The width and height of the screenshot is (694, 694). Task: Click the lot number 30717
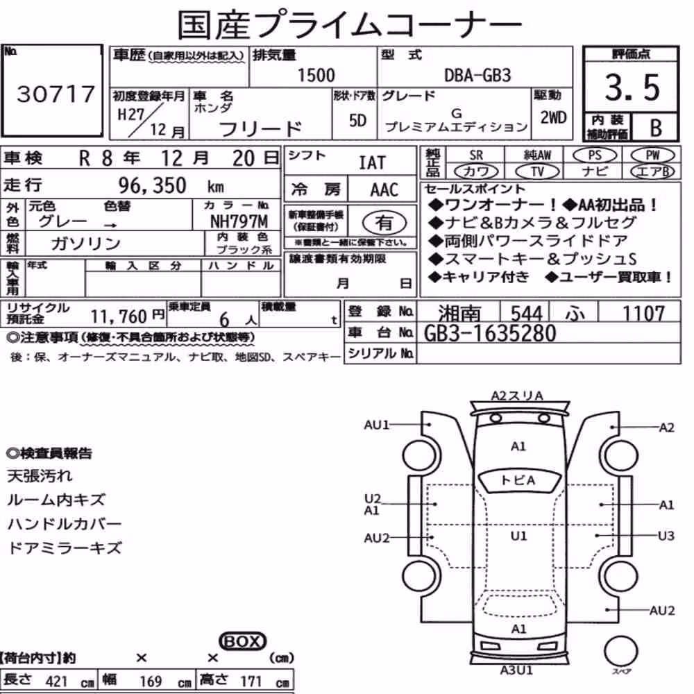[x=56, y=94]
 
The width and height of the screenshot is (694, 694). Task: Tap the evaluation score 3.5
[x=632, y=87]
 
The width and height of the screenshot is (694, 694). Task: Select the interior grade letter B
[x=656, y=128]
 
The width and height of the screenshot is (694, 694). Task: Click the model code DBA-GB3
[x=477, y=76]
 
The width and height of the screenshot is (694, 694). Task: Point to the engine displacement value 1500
[x=316, y=75]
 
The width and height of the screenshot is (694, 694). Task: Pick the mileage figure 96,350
[x=152, y=185]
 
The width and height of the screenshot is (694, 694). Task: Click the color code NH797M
[x=239, y=221]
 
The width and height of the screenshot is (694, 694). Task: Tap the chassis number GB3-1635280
[x=489, y=333]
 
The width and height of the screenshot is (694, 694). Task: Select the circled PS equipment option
[x=595, y=155]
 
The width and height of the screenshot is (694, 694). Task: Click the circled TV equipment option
[x=537, y=171]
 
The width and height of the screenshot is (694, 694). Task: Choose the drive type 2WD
[x=553, y=118]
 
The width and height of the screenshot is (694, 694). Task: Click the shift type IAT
[x=372, y=163]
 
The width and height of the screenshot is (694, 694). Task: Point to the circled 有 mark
[x=384, y=222]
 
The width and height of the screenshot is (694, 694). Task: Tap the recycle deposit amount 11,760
[x=119, y=316]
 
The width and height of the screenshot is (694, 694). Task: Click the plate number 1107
[x=643, y=314]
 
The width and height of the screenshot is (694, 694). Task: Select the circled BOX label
[x=242, y=641]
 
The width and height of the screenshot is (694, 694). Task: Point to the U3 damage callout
[x=666, y=536]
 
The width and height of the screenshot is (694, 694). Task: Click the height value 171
[x=251, y=681]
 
